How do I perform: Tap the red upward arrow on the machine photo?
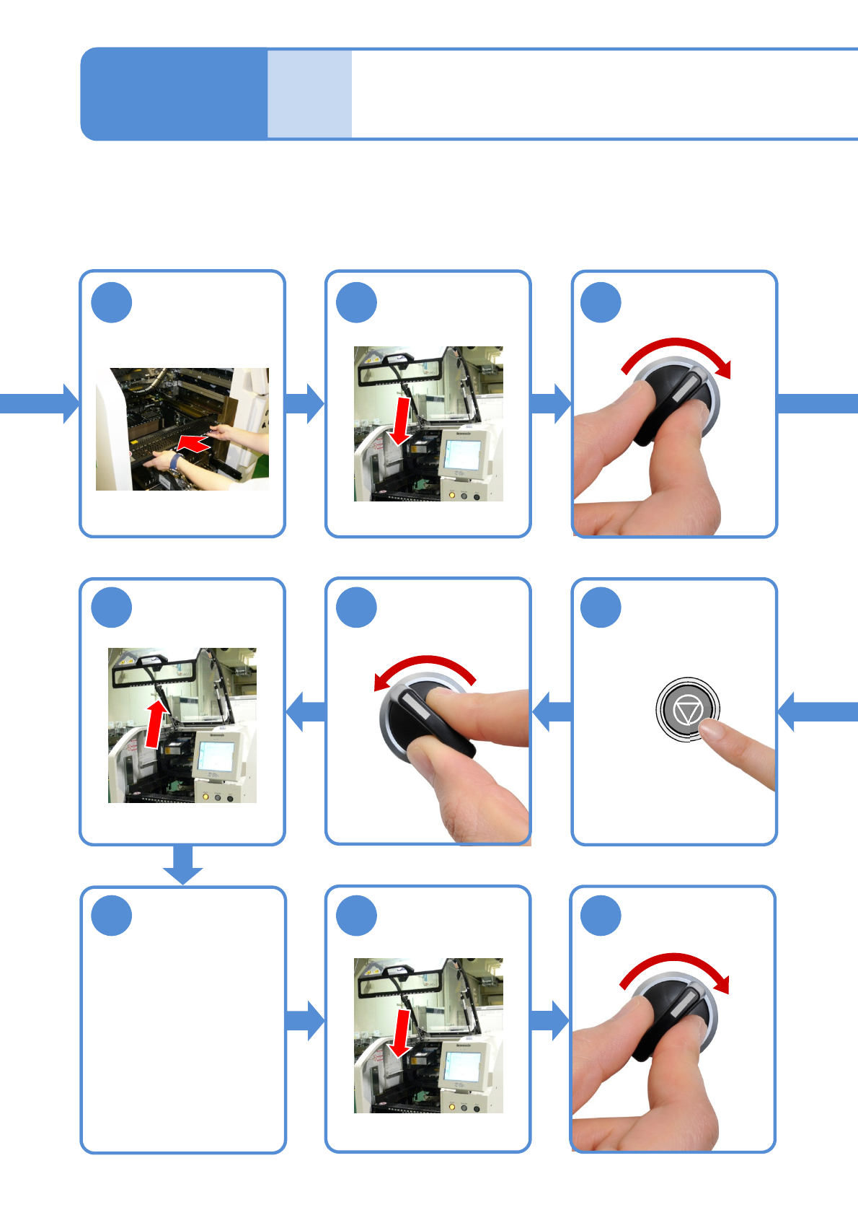tap(155, 723)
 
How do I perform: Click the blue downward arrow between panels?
tap(182, 864)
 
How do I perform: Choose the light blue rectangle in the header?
tap(309, 94)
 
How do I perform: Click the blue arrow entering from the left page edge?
tap(40, 403)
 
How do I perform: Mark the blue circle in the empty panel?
tap(112, 916)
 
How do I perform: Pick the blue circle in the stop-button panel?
tap(601, 607)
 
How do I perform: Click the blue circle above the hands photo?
tap(112, 303)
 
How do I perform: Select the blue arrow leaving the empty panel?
tap(305, 1020)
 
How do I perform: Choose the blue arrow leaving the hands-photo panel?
tap(305, 403)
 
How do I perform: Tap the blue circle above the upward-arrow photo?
tap(112, 607)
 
